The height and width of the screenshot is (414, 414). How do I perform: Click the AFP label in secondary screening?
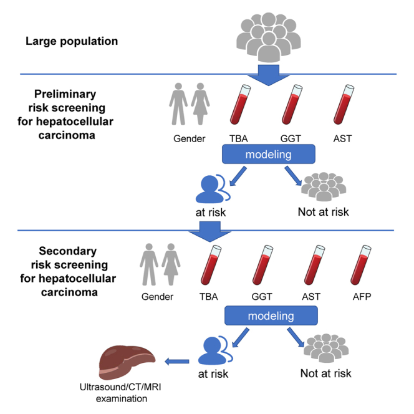tap(362, 297)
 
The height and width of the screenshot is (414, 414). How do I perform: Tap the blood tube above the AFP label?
tap(360, 265)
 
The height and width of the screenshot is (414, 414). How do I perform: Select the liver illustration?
tap(127, 362)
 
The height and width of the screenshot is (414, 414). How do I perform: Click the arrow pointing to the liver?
tap(177, 361)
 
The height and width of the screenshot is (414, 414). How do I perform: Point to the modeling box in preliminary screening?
tap(269, 154)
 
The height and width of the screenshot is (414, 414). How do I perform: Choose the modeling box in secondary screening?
tap(271, 315)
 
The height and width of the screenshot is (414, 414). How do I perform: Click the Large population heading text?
tap(72, 41)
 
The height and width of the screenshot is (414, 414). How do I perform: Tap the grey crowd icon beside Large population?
tap(269, 37)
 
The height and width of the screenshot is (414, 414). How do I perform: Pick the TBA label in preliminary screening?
tap(238, 138)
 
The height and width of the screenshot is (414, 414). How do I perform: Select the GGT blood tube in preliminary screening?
tap(292, 105)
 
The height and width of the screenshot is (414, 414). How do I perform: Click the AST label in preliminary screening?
tap(342, 138)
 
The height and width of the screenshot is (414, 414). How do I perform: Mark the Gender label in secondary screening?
tap(157, 297)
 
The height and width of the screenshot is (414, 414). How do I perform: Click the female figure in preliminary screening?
tap(200, 103)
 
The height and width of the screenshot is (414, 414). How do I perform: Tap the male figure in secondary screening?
tap(149, 264)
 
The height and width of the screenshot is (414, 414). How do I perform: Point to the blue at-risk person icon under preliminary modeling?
tap(213, 188)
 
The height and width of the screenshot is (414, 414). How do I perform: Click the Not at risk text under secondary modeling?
tap(326, 373)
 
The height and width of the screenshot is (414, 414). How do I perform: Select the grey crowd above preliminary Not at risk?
tap(324, 186)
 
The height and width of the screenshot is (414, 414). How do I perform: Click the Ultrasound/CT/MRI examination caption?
tap(120, 393)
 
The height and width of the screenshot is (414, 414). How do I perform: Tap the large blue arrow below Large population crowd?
tap(269, 75)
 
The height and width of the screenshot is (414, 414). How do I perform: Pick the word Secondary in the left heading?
tap(68, 251)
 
